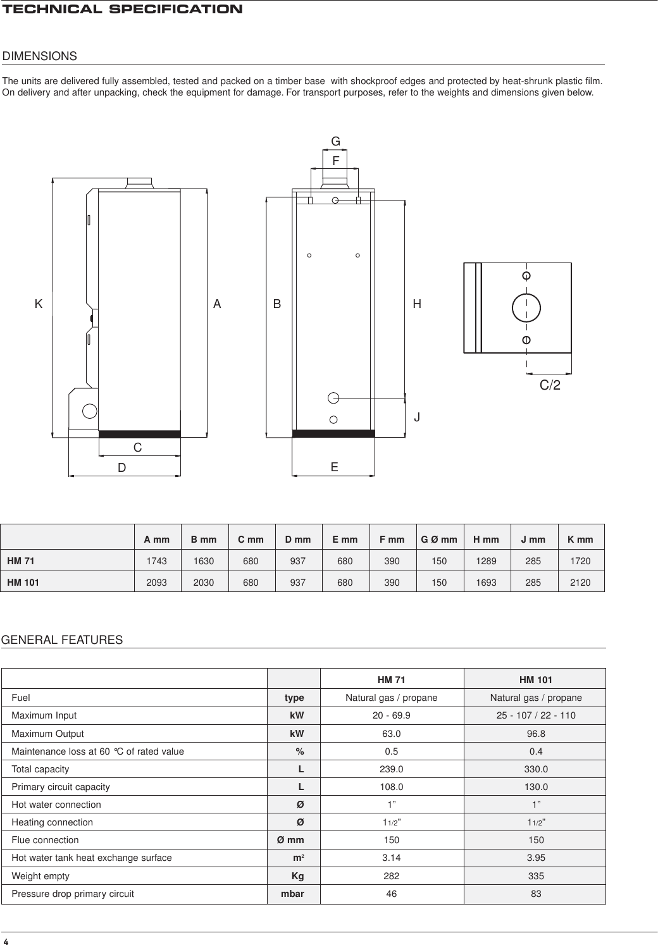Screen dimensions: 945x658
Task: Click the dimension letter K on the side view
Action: (x=39, y=304)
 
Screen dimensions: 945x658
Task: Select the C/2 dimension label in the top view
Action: (x=550, y=385)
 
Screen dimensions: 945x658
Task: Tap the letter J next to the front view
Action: (x=417, y=418)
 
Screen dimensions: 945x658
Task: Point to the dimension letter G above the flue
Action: (x=336, y=141)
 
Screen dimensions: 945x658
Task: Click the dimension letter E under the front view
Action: (x=334, y=467)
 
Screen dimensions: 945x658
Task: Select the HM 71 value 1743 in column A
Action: (x=157, y=561)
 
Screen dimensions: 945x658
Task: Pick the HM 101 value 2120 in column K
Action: (x=580, y=583)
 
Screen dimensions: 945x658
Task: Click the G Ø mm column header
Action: (x=439, y=540)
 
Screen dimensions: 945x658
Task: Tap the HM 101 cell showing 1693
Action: (x=486, y=583)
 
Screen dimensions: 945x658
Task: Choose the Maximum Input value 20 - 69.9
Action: (x=391, y=715)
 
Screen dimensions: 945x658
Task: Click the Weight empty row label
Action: (x=40, y=876)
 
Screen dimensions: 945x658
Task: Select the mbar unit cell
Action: (x=292, y=894)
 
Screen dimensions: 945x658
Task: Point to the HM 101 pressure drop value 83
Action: (x=535, y=894)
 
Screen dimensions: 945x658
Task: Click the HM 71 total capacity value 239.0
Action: (x=391, y=769)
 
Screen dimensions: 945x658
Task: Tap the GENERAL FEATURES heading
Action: (x=63, y=640)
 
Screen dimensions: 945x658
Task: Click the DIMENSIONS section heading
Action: (x=40, y=56)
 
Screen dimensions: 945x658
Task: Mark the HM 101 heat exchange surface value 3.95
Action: (x=535, y=858)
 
